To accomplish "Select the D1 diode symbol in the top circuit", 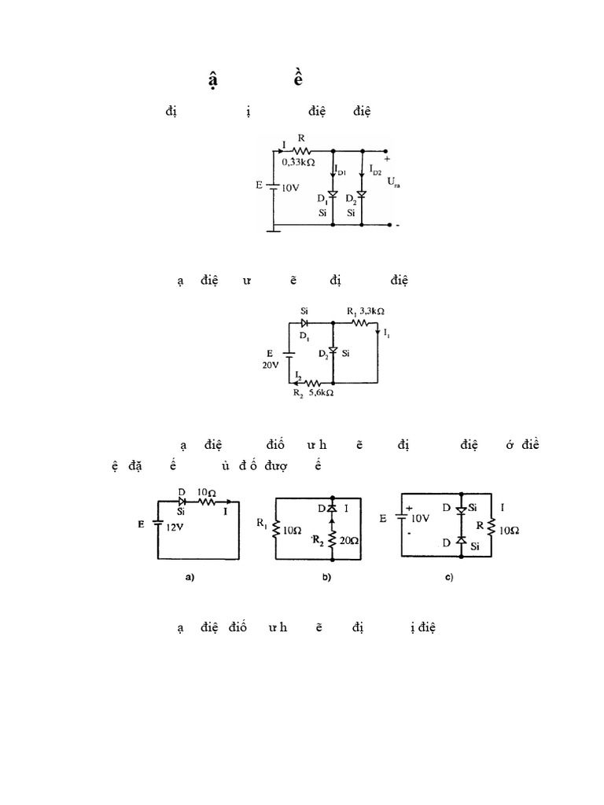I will click(x=334, y=194).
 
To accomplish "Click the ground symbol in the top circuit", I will click(x=273, y=230).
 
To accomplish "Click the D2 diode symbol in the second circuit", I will click(x=333, y=350).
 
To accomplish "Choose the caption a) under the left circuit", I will click(x=189, y=578).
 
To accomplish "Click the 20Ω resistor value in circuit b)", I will click(x=347, y=542).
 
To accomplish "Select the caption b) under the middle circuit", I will click(x=326, y=578).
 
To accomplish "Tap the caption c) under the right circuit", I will click(x=449, y=578).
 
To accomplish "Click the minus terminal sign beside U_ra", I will click(x=399, y=226).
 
